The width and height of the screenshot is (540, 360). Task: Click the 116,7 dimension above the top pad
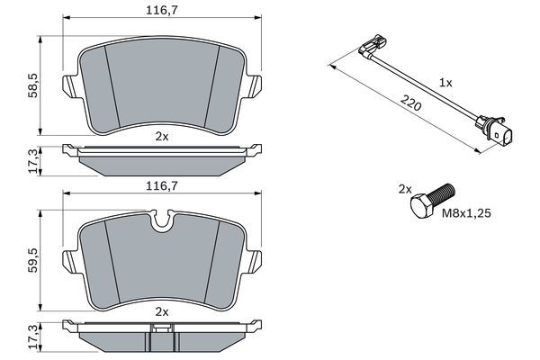coord(161,10)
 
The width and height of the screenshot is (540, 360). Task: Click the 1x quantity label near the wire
coord(444,81)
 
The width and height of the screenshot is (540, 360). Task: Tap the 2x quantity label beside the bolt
coord(405,189)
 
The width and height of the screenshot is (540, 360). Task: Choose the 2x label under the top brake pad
coord(161,137)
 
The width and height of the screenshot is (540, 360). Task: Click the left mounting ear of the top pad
coord(68,86)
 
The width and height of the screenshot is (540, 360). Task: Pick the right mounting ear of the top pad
coord(256,86)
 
